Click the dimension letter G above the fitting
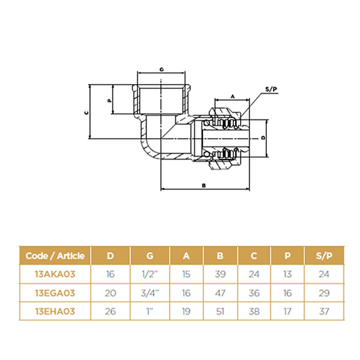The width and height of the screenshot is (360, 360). [x=161, y=70]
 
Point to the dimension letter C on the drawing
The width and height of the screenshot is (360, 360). [x=86, y=113]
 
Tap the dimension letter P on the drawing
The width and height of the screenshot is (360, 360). [x=110, y=101]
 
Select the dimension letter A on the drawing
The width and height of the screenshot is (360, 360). [x=233, y=97]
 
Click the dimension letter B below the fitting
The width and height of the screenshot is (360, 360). [x=203, y=185]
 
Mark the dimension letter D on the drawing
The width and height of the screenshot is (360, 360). [x=263, y=137]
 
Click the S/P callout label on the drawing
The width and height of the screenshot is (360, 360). [x=271, y=89]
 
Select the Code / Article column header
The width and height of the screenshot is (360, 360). [x=55, y=256]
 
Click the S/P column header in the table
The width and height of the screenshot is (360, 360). [x=324, y=256]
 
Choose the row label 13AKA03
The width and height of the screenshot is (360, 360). [x=55, y=274]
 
